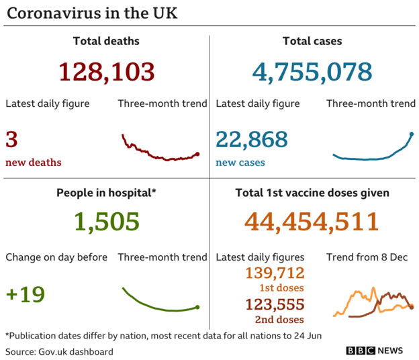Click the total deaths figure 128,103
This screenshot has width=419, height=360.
106,71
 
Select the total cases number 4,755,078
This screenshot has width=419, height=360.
312,71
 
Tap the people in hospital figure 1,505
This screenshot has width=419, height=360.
106,221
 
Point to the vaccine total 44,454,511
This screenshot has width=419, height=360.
312,221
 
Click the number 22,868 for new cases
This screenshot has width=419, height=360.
251,140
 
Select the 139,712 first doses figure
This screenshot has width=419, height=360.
275,273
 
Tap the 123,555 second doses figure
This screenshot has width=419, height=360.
275,304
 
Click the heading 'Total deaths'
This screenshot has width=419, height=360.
106,41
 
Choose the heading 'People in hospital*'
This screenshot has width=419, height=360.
106,193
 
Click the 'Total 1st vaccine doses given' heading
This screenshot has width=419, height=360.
312,193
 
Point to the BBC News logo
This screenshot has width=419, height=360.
375,351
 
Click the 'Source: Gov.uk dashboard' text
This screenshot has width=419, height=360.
59,351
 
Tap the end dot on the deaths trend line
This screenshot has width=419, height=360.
197,154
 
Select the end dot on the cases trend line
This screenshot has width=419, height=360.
412,134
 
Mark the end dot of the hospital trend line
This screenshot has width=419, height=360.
197,307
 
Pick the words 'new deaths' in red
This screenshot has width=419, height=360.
34,163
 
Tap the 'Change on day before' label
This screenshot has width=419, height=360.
56,257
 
